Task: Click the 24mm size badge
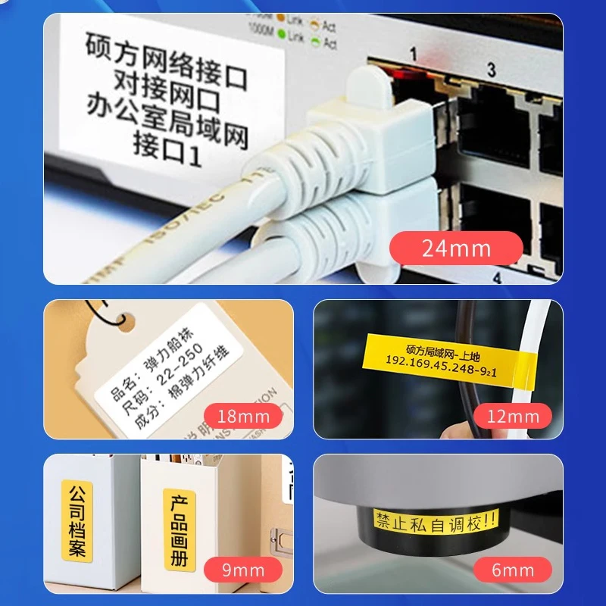pyautogui.click(x=456, y=248)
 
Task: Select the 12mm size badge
pyautogui.click(x=514, y=415)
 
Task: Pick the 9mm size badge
pyautogui.click(x=242, y=570)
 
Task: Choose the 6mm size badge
pyautogui.click(x=513, y=570)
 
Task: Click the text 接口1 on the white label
pyautogui.click(x=167, y=144)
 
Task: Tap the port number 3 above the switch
pyautogui.click(x=491, y=71)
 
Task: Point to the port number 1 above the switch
pyautogui.click(x=414, y=55)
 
